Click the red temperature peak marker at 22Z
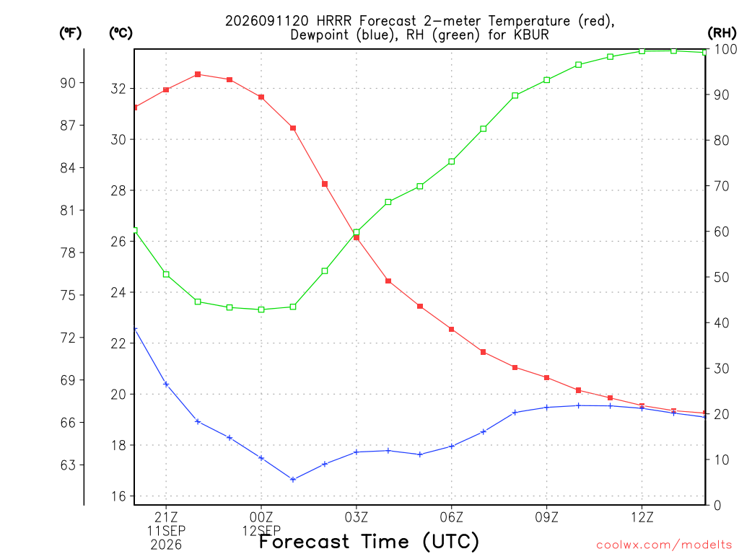point(198,74)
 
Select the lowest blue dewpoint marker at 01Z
point(293,480)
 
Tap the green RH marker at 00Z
point(261,309)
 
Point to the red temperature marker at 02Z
point(325,184)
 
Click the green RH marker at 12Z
point(642,51)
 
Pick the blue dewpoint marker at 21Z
point(166,384)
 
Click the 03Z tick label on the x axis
point(357,518)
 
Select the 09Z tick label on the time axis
point(547,518)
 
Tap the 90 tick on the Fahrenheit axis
point(68,83)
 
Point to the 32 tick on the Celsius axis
point(119,89)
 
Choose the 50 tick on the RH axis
point(722,278)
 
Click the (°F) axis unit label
point(70,33)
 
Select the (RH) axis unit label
point(722,32)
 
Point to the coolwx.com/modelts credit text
point(664,545)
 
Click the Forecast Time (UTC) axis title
point(369,542)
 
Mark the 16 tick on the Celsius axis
point(119,496)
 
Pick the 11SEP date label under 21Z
point(166,531)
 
